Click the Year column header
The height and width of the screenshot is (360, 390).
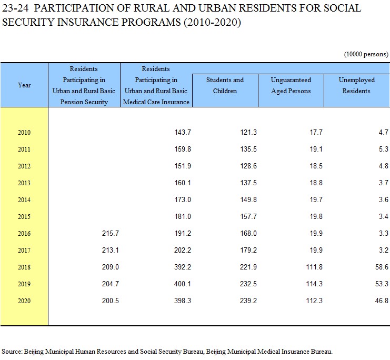click(24, 85)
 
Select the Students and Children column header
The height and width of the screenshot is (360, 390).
click(225, 85)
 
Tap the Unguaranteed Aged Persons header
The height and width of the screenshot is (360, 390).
click(291, 85)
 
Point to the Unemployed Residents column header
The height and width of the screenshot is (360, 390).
click(356, 85)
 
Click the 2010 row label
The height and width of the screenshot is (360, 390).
click(24, 132)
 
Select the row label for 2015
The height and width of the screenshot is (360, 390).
click(24, 216)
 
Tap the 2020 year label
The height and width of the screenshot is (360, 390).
click(24, 301)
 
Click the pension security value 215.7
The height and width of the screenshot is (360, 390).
click(110, 233)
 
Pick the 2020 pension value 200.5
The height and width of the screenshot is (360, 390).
click(110, 301)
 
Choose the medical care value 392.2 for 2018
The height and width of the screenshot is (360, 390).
click(183, 267)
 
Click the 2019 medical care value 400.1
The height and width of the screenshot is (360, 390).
click(183, 284)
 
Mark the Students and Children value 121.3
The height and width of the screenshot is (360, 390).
click(248, 132)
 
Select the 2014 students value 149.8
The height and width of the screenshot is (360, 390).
click(248, 199)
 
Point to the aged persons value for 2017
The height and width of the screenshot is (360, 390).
click(316, 250)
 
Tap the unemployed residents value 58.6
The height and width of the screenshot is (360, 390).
click(382, 267)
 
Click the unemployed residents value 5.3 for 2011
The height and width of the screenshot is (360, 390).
click(383, 149)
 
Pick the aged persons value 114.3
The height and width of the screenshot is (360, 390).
click(314, 284)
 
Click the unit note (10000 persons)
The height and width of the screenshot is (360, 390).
click(366, 54)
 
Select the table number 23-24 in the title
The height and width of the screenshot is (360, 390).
click(15, 8)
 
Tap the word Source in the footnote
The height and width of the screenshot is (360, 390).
click(12, 352)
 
